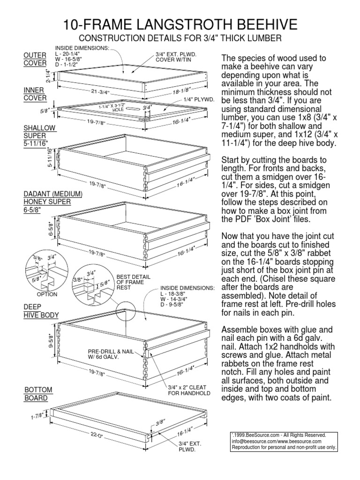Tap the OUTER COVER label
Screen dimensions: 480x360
click(35, 60)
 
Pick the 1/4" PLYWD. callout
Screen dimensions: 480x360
click(199, 99)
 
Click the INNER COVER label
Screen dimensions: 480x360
click(35, 94)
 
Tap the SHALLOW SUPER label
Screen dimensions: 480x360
click(40, 135)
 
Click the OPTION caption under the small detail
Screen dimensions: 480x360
click(47, 294)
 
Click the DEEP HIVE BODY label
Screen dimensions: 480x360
click(41, 311)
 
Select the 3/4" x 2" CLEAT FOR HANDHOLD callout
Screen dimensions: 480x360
click(189, 390)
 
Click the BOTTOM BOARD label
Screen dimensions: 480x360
click(37, 394)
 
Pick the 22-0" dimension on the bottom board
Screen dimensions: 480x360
click(97, 434)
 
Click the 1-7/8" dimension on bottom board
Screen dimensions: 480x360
click(37, 416)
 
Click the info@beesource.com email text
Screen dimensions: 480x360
click(253, 441)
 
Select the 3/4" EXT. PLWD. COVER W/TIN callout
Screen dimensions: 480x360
click(176, 56)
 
